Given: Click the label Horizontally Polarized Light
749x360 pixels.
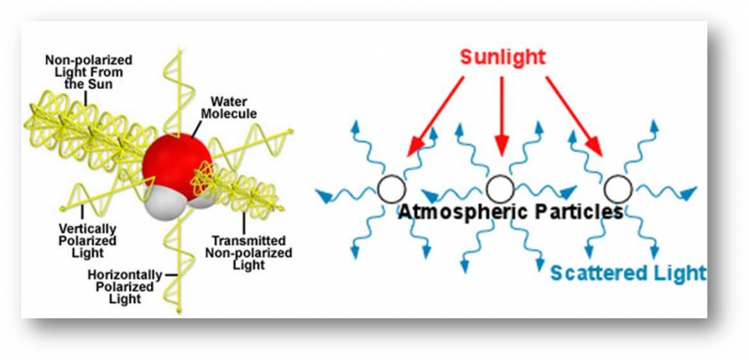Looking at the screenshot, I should pyautogui.click(x=125, y=285).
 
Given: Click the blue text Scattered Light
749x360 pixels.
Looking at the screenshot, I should pyautogui.click(x=628, y=273).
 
